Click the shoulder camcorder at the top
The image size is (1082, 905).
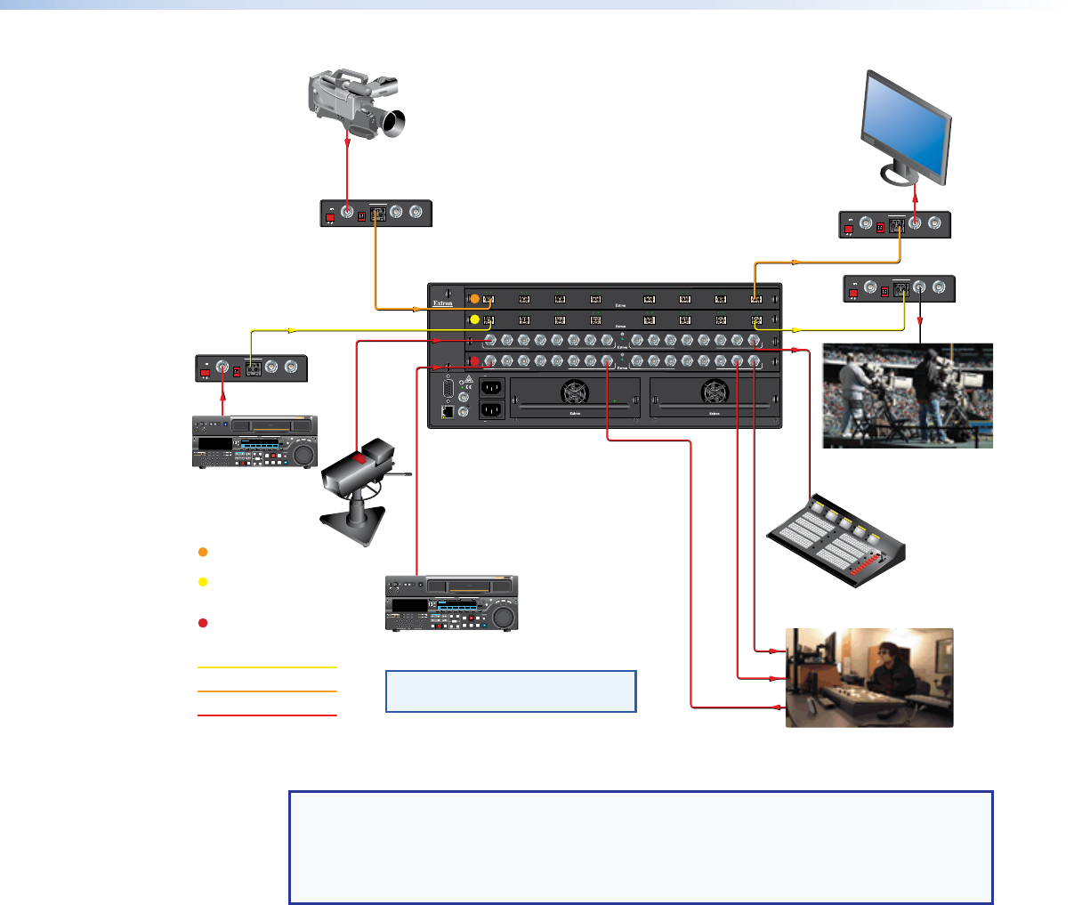coord(356,104)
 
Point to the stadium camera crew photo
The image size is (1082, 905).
coord(907,395)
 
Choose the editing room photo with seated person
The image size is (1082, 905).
coord(869,677)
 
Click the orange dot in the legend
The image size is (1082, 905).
coord(203,553)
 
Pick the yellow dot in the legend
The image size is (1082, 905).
coord(203,582)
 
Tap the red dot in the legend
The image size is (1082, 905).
coord(203,623)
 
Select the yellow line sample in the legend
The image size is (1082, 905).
coord(267,667)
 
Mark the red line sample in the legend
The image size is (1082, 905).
coord(267,715)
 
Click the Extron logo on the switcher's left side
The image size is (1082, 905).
coord(443,303)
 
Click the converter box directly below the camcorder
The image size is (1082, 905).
coord(375,214)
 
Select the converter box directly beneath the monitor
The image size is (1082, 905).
coord(895,224)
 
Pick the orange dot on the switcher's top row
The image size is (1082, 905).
coord(474,298)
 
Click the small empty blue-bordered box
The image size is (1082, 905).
coord(511,691)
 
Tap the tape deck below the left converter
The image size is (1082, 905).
coord(255,441)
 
